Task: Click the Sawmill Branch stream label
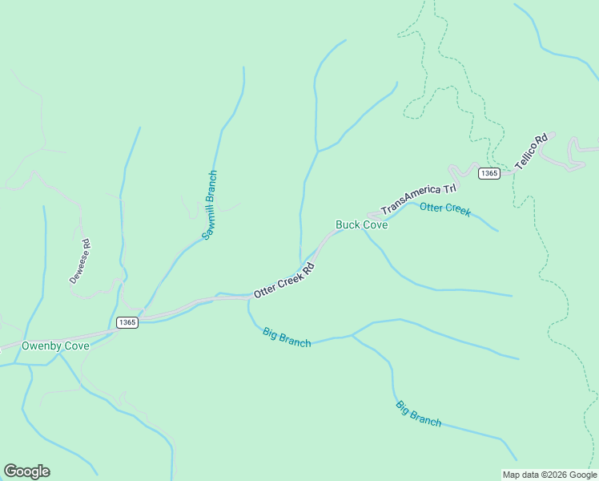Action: pyautogui.click(x=209, y=205)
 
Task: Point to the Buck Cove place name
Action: pyautogui.click(x=361, y=225)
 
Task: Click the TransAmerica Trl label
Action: pyautogui.click(x=418, y=200)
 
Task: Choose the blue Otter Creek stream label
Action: pyautogui.click(x=445, y=209)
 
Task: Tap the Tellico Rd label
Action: pyautogui.click(x=531, y=151)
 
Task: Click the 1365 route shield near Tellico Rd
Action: pyautogui.click(x=489, y=173)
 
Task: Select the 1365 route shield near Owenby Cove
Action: pyautogui.click(x=127, y=322)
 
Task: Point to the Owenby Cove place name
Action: pyautogui.click(x=55, y=346)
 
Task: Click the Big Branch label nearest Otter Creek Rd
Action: pyautogui.click(x=286, y=338)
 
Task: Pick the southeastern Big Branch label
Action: pyautogui.click(x=418, y=413)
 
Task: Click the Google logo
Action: pyautogui.click(x=26, y=471)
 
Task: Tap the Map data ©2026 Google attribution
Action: pyautogui.click(x=549, y=475)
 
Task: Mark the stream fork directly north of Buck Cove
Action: pyautogui.click(x=319, y=151)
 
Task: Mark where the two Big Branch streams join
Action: pyautogui.click(x=352, y=336)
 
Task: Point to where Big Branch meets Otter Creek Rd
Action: pyautogui.click(x=247, y=296)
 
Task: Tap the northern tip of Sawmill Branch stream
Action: pyautogui.click(x=243, y=68)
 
